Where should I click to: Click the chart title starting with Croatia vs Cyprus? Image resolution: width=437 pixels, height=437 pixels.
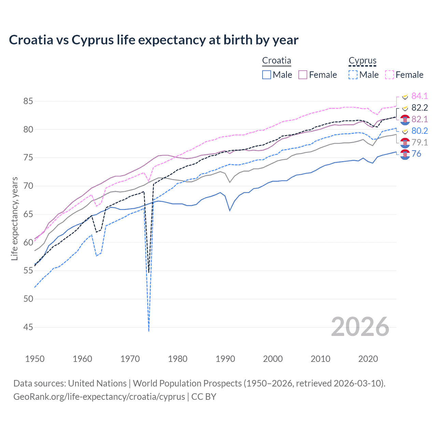pos(154,40)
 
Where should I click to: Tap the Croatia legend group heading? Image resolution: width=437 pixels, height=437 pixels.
pos(277,61)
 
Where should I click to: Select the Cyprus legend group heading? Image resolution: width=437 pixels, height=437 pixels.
pos(362,61)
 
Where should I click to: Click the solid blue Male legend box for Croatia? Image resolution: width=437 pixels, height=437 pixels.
pos(267,75)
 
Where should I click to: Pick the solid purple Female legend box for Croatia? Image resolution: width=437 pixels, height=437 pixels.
pos(303,75)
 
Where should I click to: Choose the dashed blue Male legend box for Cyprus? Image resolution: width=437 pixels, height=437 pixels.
pos(353,75)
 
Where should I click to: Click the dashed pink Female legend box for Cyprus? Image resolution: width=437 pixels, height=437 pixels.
pos(390,75)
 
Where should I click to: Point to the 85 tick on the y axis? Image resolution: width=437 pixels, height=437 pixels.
pos(28,101)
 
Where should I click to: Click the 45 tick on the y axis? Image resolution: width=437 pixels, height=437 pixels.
pos(28,327)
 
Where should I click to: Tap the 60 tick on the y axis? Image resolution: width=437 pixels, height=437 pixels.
pos(28,242)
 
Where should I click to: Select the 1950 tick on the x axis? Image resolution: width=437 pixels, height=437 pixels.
pos(35,359)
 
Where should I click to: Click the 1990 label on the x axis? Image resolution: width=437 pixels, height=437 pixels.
pos(225,359)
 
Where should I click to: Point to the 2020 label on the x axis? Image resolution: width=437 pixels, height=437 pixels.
pos(368,359)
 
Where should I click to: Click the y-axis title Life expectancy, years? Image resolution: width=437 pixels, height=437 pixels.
pos(15,218)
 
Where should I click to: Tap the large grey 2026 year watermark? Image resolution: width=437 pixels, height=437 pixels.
pos(360,327)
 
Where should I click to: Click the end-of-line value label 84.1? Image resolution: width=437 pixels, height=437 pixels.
pos(420,96)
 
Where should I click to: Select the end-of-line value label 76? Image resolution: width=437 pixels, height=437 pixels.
pos(416,154)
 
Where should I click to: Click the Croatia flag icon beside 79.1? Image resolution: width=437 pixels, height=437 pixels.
pos(405,142)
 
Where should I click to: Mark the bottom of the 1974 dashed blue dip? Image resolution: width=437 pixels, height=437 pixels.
pos(149,330)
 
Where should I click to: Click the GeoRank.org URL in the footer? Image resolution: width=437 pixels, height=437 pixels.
pos(99,397)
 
